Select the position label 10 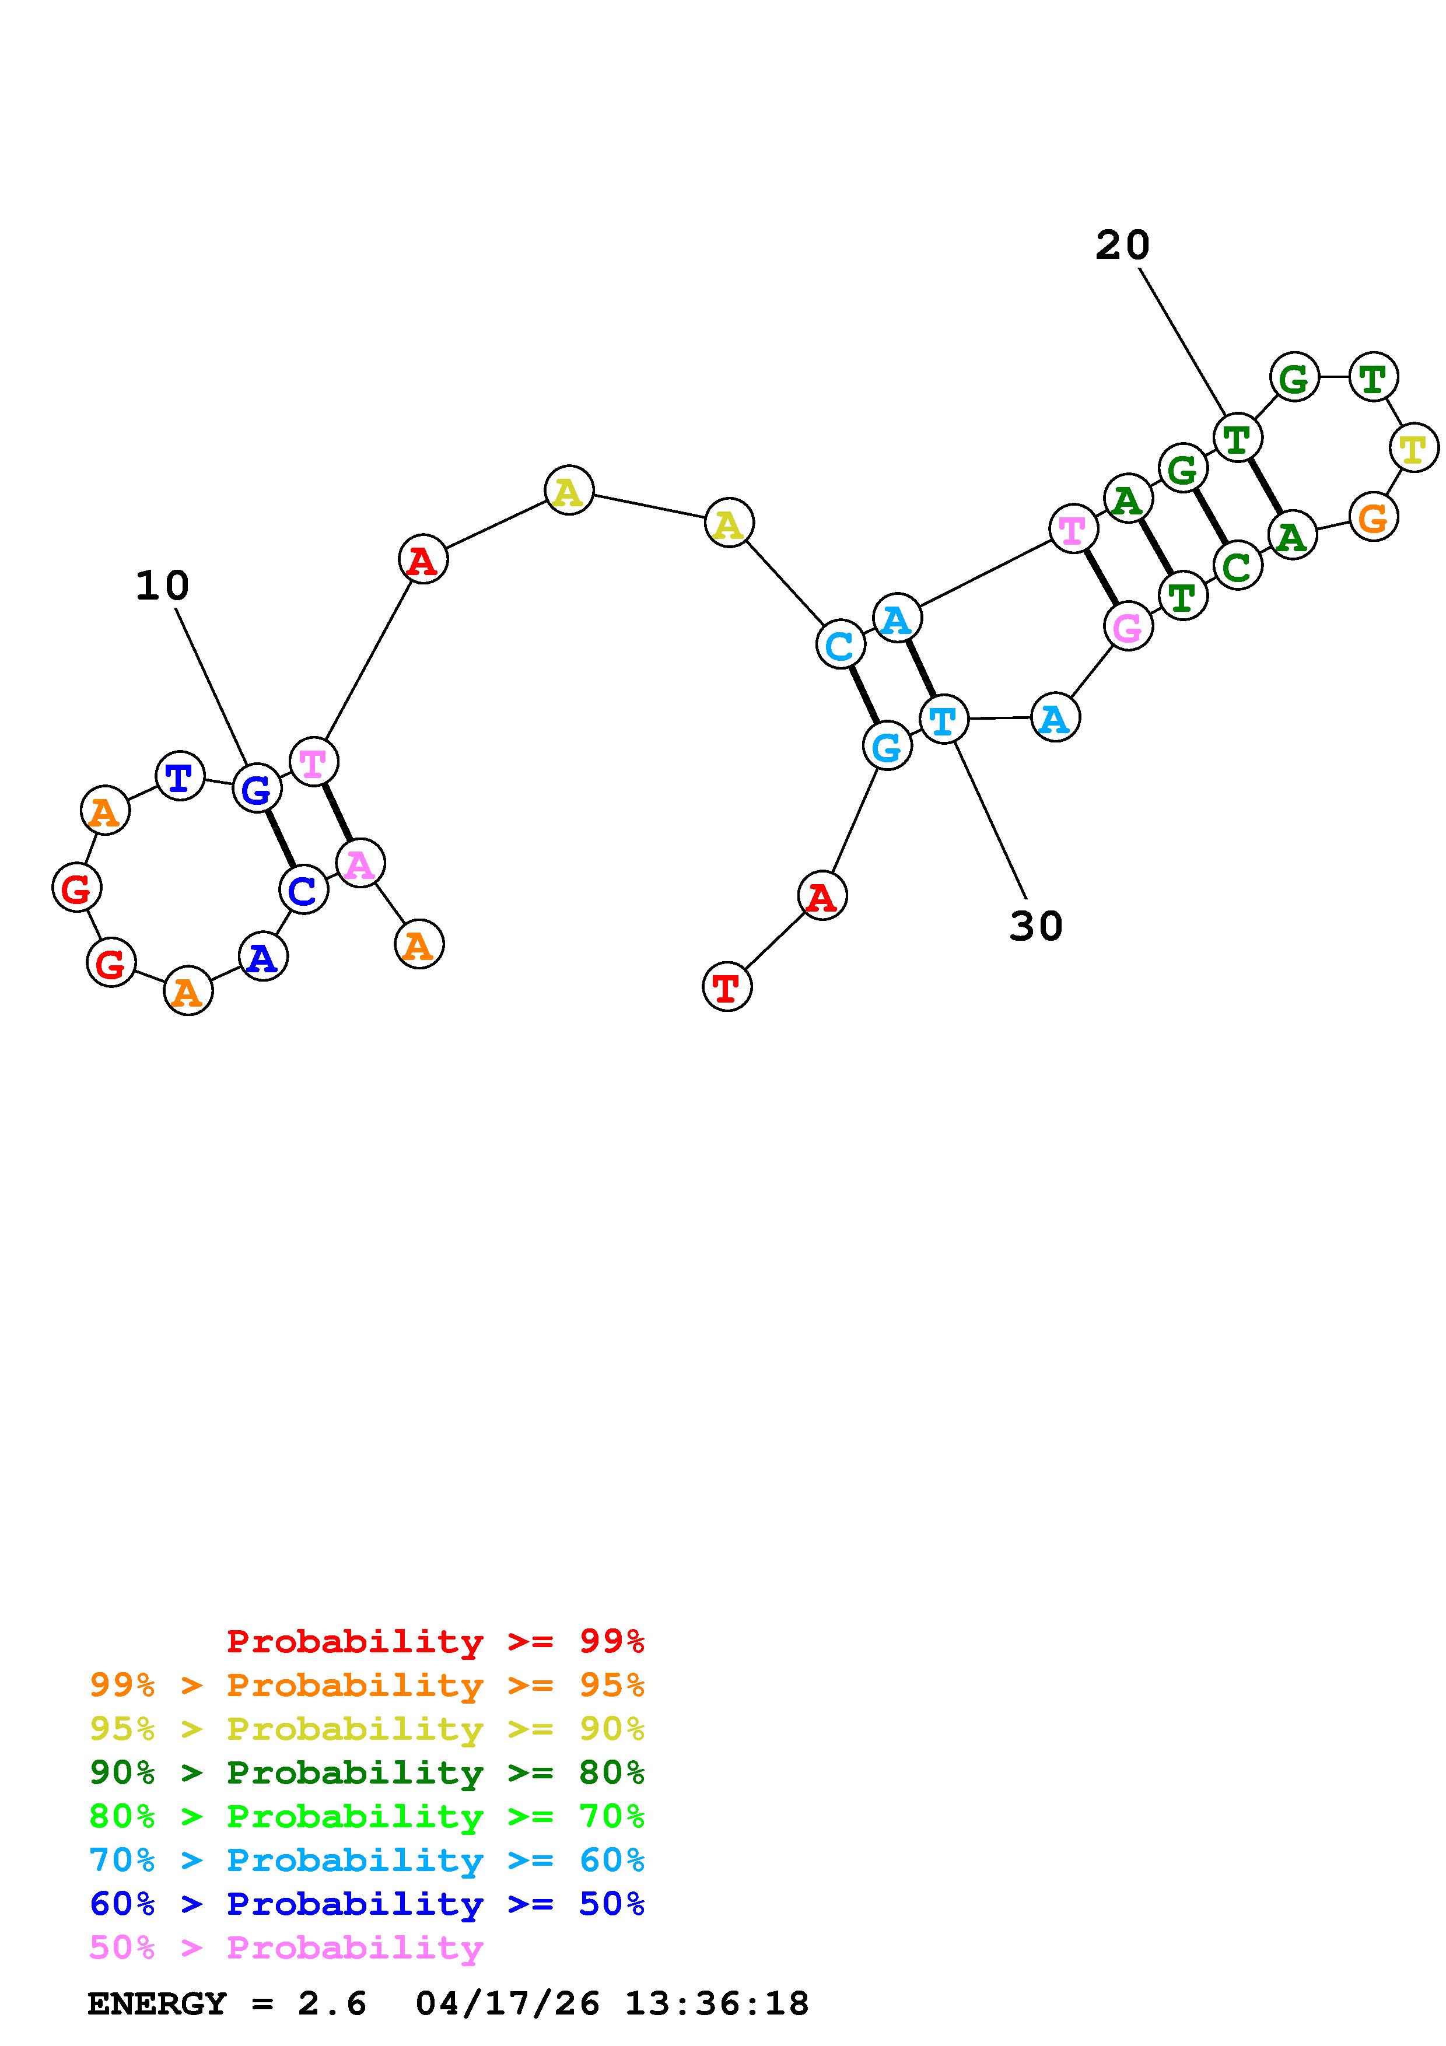click(x=162, y=586)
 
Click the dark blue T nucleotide click(x=180, y=776)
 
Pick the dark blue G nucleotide click(x=257, y=789)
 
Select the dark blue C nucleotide click(x=303, y=889)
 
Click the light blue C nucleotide click(x=839, y=644)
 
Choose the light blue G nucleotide click(x=887, y=746)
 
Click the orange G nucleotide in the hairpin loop click(x=1373, y=517)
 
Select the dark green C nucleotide click(x=1237, y=566)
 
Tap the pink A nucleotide click(x=360, y=863)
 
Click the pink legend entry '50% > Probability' click(x=286, y=1947)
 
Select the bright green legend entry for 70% click(x=367, y=1816)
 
